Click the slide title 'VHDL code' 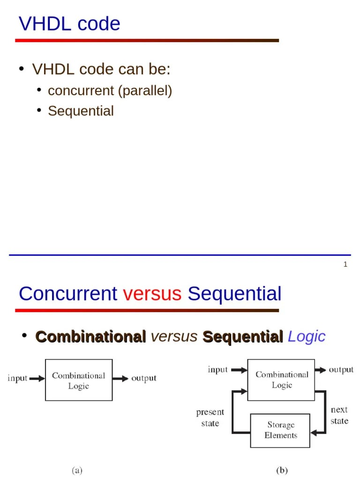click(69, 24)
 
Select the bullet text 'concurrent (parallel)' click(110, 90)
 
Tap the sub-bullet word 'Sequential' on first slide click(81, 111)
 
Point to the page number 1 click(345, 264)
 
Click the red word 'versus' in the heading click(152, 294)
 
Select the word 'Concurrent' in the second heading click(68, 294)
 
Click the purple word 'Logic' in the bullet click(306, 337)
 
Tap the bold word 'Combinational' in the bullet click(91, 337)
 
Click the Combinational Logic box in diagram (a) click(78, 380)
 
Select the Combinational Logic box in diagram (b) click(281, 380)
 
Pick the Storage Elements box click(280, 430)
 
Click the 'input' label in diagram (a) click(17, 378)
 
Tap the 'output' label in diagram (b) click(341, 370)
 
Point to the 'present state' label click(210, 417)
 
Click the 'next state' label click(339, 415)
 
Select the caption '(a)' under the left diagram click(77, 470)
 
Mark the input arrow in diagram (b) click(239, 370)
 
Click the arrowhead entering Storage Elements click(314, 433)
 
